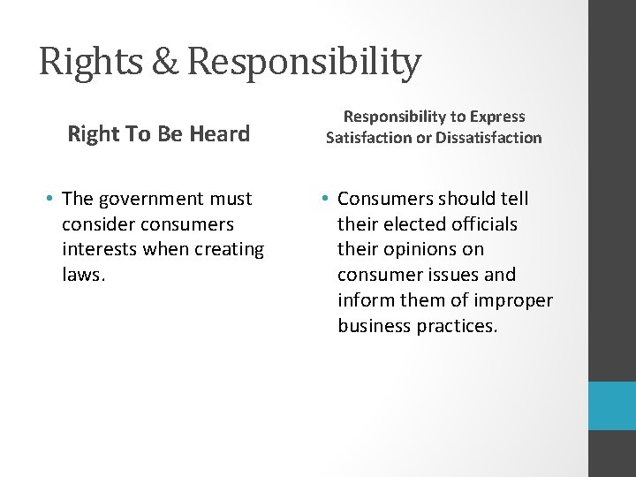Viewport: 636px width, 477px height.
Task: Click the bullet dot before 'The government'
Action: coord(52,200)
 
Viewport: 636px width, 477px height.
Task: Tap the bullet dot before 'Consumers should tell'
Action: coord(327,200)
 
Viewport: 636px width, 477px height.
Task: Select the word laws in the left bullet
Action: coord(83,275)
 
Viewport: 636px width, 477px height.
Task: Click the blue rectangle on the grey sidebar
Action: coord(612,405)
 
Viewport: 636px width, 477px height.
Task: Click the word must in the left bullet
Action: coord(231,199)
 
